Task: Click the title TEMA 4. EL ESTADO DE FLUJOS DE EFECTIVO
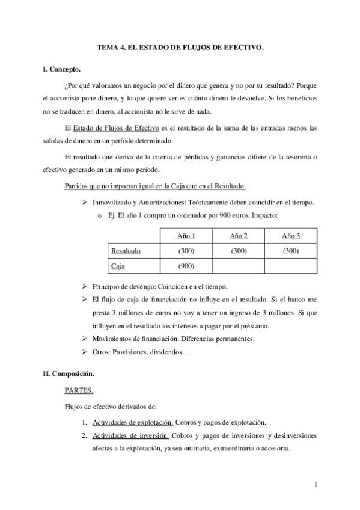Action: click(180, 46)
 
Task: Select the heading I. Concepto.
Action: click(62, 70)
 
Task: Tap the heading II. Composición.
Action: click(69, 373)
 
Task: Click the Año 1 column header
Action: click(186, 235)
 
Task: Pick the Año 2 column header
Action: click(239, 235)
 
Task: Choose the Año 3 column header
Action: click(291, 235)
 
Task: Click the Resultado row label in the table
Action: click(126, 250)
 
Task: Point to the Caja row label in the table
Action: click(118, 265)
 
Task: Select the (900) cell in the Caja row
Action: click(186, 265)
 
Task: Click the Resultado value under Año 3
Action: click(291, 250)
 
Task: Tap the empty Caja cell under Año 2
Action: click(239, 265)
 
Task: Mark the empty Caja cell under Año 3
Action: click(291, 265)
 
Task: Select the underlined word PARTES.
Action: click(78, 390)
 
